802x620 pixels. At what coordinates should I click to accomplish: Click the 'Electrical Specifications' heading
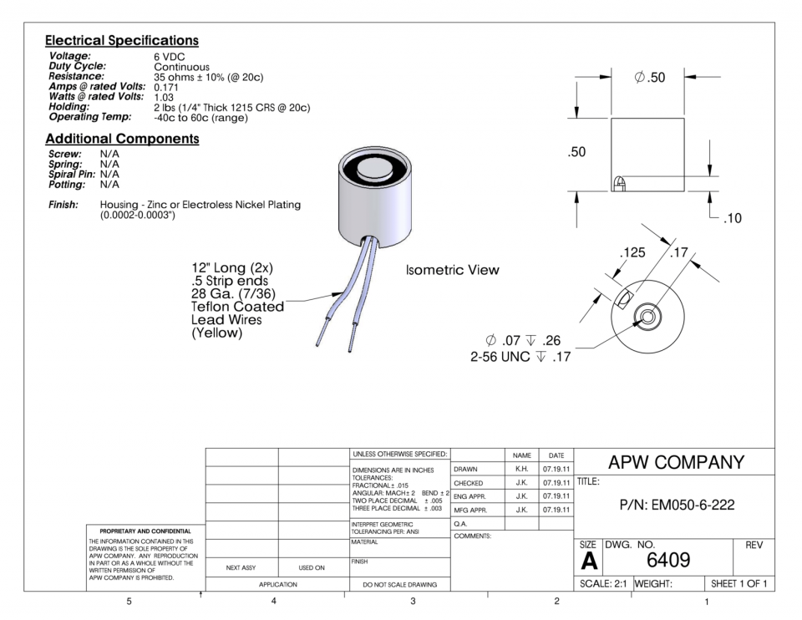(122, 40)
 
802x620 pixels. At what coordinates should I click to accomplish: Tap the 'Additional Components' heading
(122, 139)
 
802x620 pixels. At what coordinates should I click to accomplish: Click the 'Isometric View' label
(452, 270)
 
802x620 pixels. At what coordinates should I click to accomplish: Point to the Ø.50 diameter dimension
(649, 78)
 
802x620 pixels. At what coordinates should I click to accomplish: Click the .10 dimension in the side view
(728, 219)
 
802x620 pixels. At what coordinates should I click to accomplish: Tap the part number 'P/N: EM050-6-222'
(676, 505)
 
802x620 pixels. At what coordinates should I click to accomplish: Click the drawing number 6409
(668, 559)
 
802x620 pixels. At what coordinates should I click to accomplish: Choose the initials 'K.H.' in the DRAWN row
(521, 470)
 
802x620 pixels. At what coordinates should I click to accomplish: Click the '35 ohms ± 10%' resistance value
(209, 77)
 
